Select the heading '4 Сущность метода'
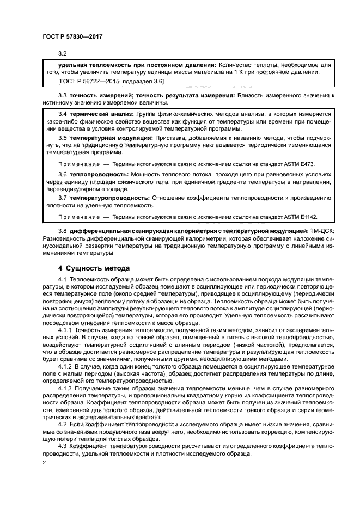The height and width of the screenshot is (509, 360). coord(94,268)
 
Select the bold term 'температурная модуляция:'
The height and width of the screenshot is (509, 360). coord(111,138)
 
